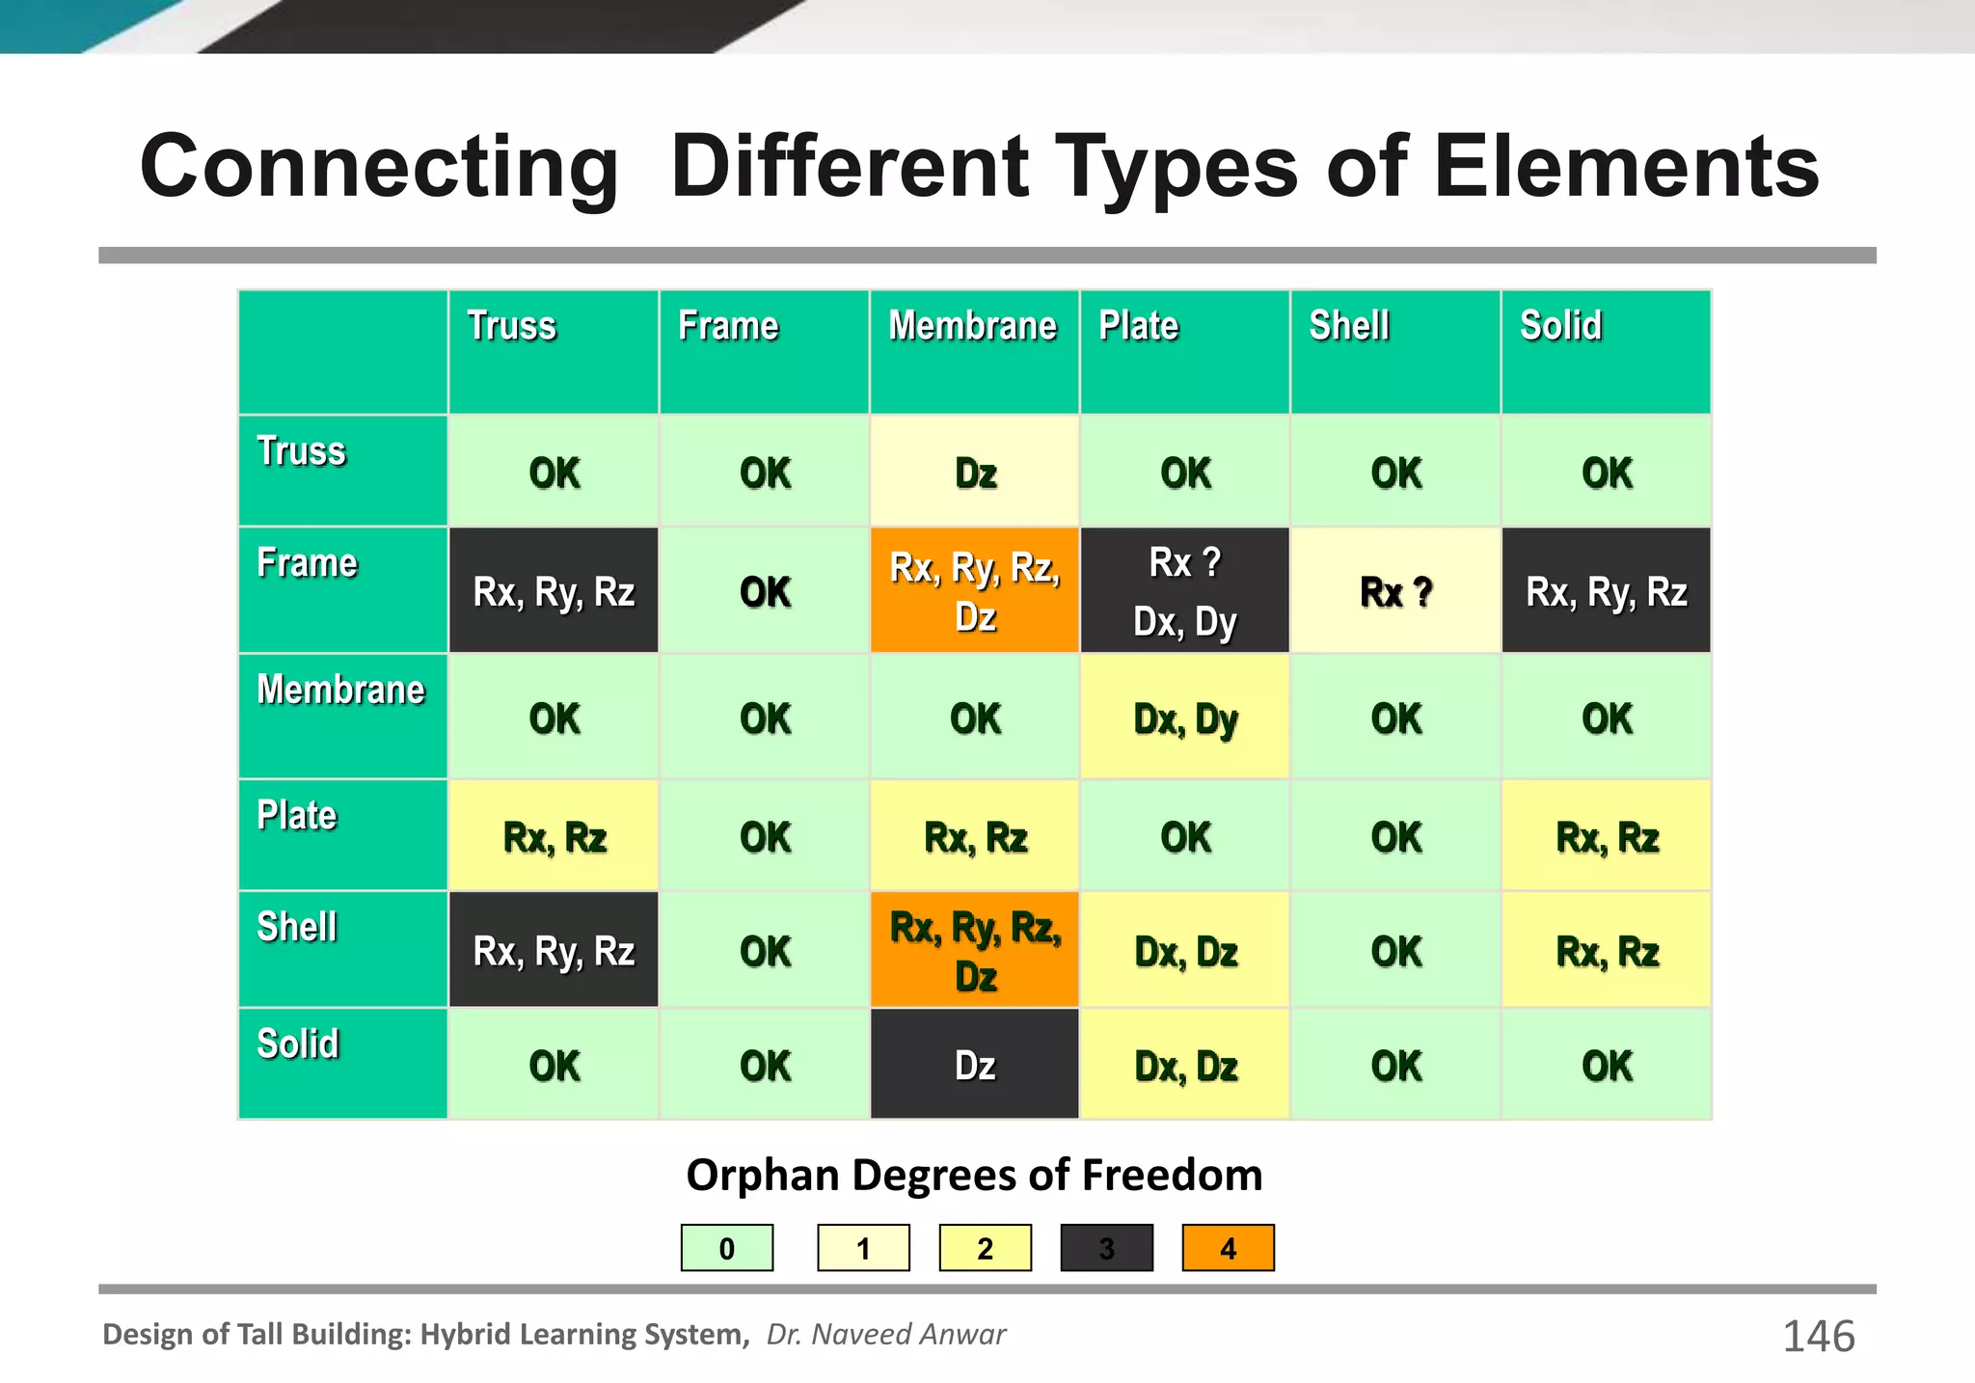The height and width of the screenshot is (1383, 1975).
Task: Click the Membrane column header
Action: coord(973,326)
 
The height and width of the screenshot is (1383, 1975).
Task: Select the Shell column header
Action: coord(1349,326)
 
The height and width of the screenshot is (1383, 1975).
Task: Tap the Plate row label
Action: coord(297,816)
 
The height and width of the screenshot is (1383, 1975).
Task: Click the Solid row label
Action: coord(298,1044)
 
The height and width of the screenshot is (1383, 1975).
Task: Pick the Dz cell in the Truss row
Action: coord(975,474)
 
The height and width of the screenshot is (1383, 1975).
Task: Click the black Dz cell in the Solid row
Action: coord(974,1066)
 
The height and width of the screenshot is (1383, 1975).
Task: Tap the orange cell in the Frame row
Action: coord(974,591)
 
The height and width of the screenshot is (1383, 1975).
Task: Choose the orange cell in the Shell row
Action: coord(974,951)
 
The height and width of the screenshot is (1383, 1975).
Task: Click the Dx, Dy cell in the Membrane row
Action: coord(1185,719)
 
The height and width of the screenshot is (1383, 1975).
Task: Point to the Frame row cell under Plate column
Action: coord(1185,591)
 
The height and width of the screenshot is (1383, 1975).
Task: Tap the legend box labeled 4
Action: coord(1228,1249)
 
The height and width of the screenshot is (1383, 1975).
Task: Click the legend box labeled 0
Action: coord(727,1249)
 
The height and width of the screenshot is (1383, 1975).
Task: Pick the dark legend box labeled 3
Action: coord(1106,1249)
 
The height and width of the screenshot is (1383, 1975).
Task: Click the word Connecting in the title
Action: coord(378,168)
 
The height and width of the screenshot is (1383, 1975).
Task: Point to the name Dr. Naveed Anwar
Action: coord(885,1335)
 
